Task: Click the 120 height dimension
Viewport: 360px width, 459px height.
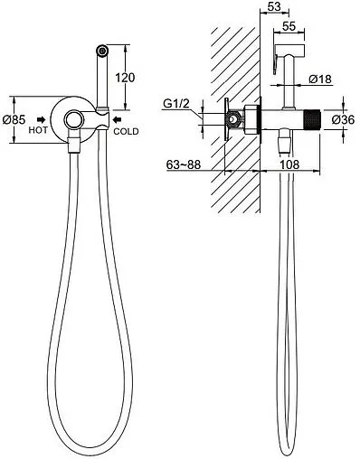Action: click(125, 78)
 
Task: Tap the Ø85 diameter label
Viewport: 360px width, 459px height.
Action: click(14, 119)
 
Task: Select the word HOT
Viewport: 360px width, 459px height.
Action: click(38, 130)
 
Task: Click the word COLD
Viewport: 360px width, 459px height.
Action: click(126, 131)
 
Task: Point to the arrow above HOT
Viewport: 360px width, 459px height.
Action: click(41, 120)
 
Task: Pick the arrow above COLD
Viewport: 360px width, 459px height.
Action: click(117, 120)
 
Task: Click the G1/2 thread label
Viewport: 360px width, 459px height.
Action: click(176, 104)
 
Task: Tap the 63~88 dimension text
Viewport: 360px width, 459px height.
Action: click(184, 164)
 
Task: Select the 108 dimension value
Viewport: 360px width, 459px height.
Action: click(289, 164)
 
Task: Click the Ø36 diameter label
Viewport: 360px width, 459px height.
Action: click(343, 120)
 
